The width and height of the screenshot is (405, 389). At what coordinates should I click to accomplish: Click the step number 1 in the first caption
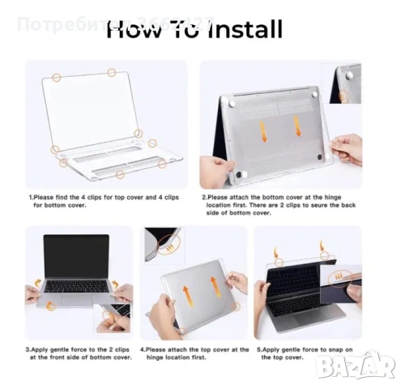(x=31, y=197)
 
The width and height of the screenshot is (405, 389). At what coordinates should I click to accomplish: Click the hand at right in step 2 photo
(x=348, y=150)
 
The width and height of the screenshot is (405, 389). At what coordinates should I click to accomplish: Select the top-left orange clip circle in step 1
(x=57, y=77)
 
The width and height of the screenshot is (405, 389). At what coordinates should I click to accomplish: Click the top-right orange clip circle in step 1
(x=112, y=73)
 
